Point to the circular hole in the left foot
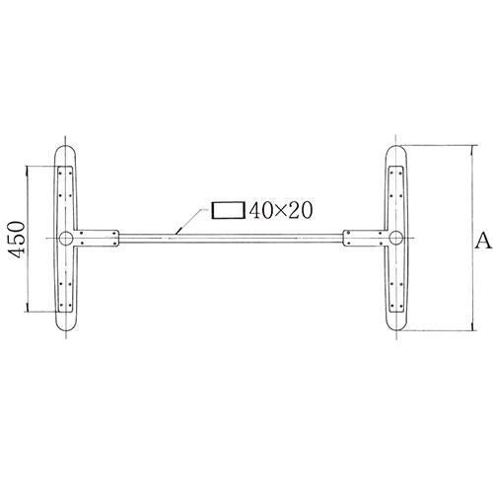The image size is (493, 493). [65, 238]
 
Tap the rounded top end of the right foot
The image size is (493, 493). [395, 153]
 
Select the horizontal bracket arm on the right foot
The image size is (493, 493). [365, 238]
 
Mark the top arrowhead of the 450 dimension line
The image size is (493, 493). [29, 169]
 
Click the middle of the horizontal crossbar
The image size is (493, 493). [231, 237]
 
